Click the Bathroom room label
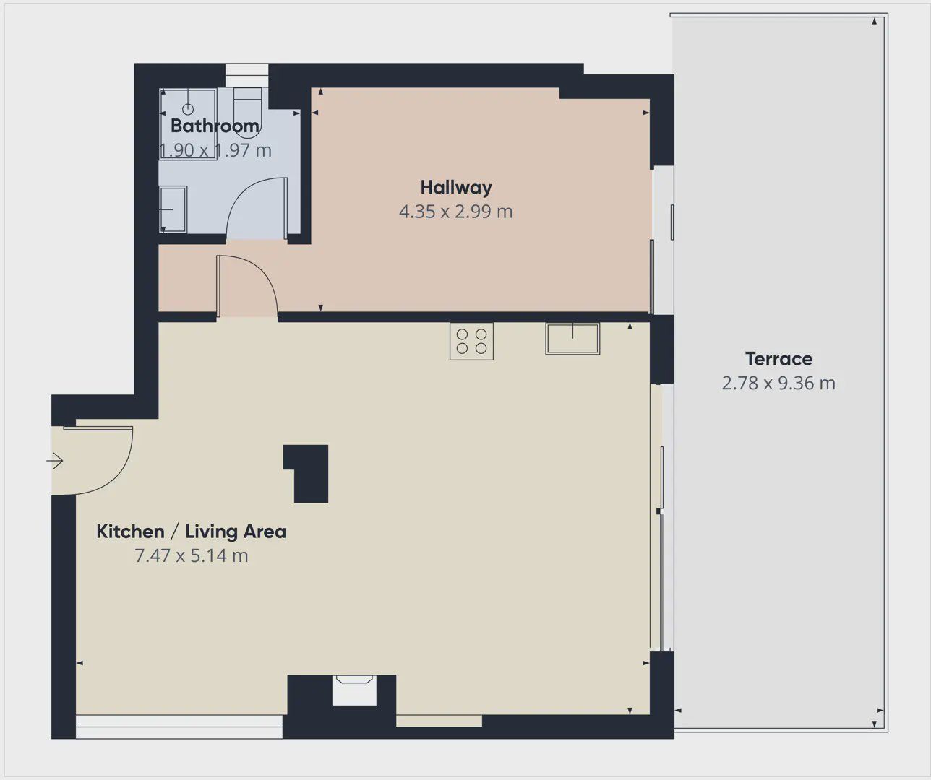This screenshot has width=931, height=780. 215,126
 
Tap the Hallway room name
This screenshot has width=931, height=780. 456,188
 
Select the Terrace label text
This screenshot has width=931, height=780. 778,359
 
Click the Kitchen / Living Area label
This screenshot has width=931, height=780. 192,532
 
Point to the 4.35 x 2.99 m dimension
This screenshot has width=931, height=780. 455,211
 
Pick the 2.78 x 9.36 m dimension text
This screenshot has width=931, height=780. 778,383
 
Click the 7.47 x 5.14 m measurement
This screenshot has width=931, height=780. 192,555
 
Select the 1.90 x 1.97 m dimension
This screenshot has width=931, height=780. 215,150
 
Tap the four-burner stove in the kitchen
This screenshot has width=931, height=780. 471,341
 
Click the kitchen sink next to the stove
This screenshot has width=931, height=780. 572,339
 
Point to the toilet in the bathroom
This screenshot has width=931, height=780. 247,112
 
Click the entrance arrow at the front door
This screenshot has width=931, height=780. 54,461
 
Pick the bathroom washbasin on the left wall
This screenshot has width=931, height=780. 173,209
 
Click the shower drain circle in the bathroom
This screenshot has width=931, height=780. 188,109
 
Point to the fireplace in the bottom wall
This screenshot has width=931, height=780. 354,690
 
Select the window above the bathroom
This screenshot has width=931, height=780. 246,75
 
